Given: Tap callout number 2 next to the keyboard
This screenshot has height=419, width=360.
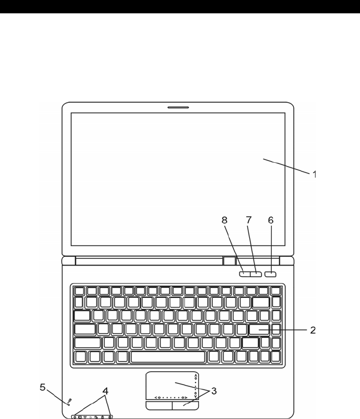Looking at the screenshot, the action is click(x=313, y=330).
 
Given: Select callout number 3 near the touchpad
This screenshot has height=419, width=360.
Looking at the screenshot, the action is click(x=215, y=391).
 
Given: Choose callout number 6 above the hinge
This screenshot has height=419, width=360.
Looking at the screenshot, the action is click(x=271, y=220).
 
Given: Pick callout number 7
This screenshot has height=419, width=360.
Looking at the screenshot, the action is click(x=248, y=220).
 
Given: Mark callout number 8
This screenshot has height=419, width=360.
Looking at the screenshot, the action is click(x=225, y=220).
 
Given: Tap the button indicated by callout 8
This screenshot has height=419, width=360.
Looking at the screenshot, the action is click(x=245, y=273).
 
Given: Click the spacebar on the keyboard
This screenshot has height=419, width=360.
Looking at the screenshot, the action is click(x=168, y=356).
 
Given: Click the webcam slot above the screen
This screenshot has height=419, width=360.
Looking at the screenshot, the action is click(x=178, y=107).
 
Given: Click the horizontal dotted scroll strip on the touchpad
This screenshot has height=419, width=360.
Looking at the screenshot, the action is click(x=170, y=397).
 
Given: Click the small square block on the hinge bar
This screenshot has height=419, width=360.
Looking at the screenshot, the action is click(x=229, y=260).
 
